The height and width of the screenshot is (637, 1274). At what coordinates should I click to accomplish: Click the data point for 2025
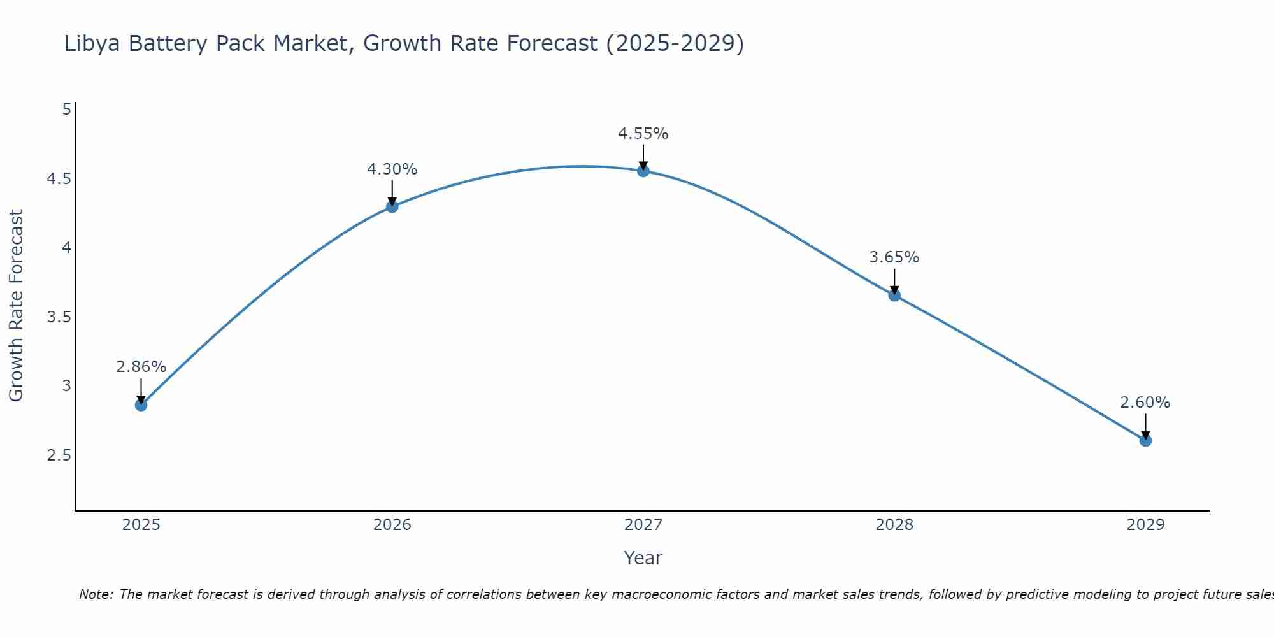tap(141, 405)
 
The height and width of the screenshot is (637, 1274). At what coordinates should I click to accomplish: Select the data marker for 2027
tap(643, 171)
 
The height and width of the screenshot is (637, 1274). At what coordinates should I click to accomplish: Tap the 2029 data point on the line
tap(1145, 440)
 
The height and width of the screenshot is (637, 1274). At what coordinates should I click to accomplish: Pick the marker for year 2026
tap(392, 206)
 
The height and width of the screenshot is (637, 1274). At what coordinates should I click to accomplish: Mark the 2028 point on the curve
tap(894, 295)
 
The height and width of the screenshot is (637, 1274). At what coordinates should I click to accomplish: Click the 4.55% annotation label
tap(643, 134)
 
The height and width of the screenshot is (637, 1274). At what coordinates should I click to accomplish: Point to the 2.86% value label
tap(141, 367)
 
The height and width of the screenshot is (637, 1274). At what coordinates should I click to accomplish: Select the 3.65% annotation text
tap(894, 257)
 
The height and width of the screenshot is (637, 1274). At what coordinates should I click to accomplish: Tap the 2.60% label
tap(1145, 403)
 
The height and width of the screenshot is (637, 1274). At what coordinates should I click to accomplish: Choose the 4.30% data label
tap(392, 169)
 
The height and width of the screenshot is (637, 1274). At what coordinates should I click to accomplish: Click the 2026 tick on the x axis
tap(392, 525)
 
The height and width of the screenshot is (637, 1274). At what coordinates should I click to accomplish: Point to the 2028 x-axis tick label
tap(894, 525)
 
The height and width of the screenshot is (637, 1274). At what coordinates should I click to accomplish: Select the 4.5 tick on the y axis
tap(59, 179)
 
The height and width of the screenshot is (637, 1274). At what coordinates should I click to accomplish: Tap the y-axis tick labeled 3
tap(67, 386)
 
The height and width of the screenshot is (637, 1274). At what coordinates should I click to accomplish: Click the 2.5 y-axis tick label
tap(59, 455)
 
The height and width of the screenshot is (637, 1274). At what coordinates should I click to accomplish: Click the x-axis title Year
tap(643, 558)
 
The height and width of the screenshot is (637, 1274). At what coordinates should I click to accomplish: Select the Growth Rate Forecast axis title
tap(16, 306)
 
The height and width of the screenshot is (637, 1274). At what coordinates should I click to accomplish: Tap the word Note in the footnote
tap(96, 594)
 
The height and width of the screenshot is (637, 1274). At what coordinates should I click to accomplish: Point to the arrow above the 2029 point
tap(1145, 426)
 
